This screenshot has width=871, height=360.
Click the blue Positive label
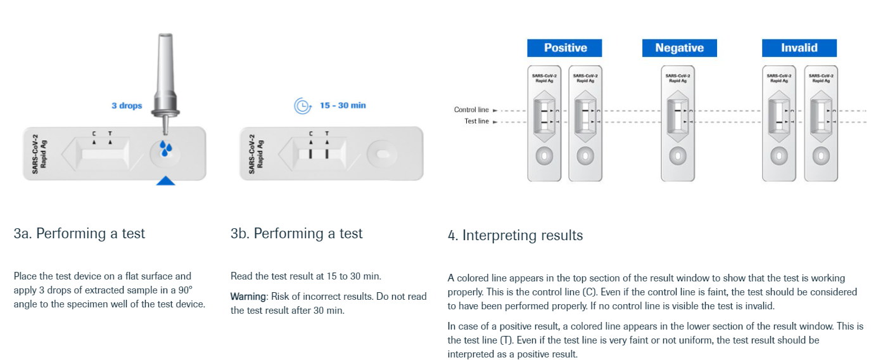point(564,48)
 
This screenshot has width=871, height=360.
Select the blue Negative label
point(679,48)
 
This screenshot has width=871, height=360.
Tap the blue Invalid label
point(799,48)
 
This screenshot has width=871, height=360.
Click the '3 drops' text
point(127,105)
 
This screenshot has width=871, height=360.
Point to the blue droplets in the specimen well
point(165,149)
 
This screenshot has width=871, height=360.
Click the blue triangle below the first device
point(165,181)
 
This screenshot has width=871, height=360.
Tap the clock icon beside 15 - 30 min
point(303,106)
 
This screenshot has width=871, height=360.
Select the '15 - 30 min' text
point(343,105)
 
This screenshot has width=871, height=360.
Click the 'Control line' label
point(471,110)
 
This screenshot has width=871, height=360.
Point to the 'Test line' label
point(476,121)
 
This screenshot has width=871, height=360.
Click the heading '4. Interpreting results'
point(515,236)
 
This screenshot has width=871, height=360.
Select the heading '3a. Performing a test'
point(79,233)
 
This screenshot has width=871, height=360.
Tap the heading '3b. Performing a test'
point(296,233)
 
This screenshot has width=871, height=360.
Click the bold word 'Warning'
point(248,297)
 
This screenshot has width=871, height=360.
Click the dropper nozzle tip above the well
point(165,133)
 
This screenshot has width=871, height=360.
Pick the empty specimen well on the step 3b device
point(383,155)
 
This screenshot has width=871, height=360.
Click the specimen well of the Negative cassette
point(678,156)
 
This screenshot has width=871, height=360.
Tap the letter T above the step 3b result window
point(327,134)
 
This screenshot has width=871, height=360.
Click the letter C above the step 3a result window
point(94,134)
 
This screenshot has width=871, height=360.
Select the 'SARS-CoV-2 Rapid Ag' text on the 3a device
point(39,154)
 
